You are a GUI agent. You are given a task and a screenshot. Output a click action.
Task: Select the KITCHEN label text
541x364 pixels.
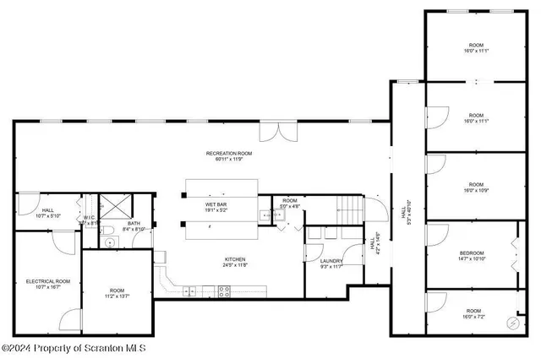tap(235, 258)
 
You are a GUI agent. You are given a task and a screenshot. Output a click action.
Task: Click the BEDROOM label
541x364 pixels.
tap(472, 253)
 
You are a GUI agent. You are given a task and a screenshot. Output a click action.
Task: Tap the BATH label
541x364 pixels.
tap(134, 224)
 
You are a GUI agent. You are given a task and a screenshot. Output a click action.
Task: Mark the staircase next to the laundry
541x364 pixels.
tap(347, 207)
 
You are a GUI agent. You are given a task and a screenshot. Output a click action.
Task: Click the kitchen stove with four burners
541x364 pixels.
tap(224, 291)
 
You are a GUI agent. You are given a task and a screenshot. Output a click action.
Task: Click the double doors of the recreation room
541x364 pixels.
tap(278, 132)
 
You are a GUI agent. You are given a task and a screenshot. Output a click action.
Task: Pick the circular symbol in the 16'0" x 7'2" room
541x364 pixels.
tap(511, 323)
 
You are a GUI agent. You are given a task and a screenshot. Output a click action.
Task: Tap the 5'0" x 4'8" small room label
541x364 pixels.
tap(290, 203)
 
